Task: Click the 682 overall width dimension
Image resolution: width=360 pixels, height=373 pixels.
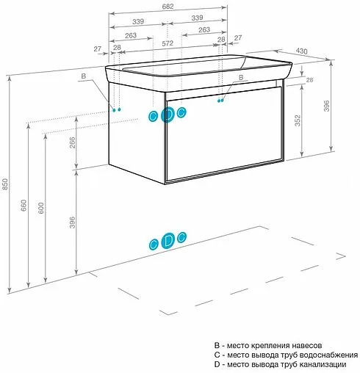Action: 168,7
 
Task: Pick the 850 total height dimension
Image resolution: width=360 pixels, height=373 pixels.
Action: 6,186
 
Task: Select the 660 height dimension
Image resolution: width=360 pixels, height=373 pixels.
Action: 24,206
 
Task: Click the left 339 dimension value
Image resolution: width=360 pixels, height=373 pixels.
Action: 137,18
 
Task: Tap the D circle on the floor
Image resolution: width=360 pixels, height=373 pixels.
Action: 168,240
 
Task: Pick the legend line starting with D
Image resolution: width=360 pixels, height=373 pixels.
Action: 275,365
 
